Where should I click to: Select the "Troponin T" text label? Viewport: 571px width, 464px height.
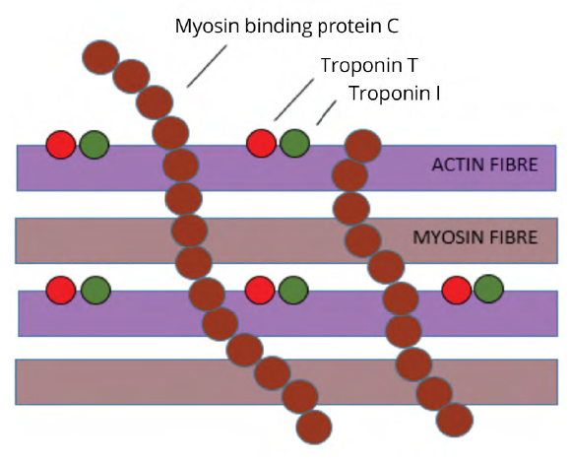click(369, 65)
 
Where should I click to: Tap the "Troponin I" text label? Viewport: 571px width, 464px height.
click(395, 93)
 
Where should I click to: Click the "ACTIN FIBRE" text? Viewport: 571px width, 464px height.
click(484, 165)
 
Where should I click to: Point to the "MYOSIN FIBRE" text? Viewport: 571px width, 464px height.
click(475, 237)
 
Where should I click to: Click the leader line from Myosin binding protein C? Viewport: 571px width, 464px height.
click(207, 66)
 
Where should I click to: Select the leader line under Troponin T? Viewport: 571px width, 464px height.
click(294, 99)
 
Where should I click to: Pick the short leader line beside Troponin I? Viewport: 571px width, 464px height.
click(326, 113)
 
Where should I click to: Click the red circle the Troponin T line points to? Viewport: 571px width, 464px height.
click(261, 143)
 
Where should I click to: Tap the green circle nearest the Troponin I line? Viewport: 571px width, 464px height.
click(294, 143)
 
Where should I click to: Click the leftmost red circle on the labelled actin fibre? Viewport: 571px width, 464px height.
click(61, 145)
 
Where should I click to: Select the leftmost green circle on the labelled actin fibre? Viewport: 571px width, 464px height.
click(94, 145)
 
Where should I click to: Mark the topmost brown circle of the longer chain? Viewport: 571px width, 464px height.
click(100, 57)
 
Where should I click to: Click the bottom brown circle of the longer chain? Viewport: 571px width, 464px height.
click(314, 428)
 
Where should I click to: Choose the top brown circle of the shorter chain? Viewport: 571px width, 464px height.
click(362, 146)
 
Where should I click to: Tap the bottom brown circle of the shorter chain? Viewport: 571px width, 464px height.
click(455, 420)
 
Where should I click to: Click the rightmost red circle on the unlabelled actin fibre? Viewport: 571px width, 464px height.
click(456, 290)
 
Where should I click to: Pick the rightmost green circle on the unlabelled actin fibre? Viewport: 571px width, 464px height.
click(488, 289)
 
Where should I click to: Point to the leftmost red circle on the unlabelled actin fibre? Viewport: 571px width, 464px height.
click(61, 290)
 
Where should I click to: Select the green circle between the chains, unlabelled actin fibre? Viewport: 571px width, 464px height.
click(293, 290)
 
